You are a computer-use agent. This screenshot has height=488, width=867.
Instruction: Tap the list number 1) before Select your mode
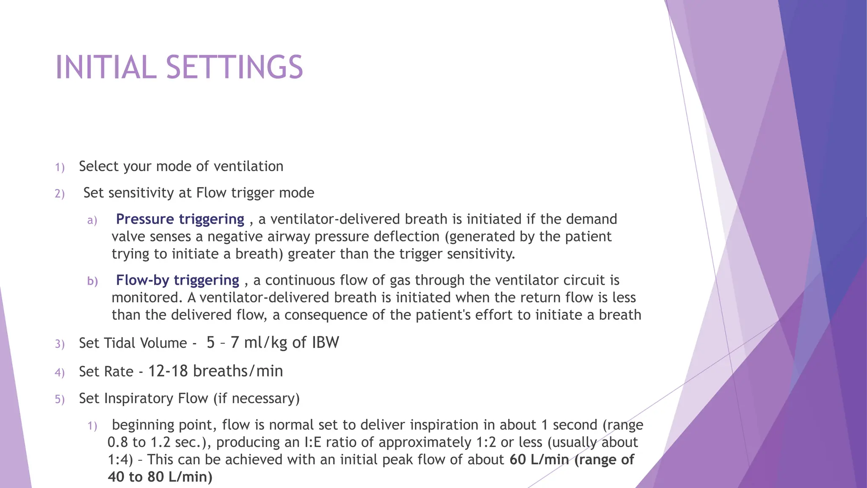point(60,167)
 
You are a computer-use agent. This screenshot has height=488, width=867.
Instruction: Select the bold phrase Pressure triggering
point(180,219)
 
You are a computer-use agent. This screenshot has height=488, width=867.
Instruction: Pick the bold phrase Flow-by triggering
point(177,280)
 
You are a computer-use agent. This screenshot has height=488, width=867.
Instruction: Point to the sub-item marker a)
point(92,220)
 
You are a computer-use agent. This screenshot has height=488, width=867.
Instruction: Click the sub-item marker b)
point(92,281)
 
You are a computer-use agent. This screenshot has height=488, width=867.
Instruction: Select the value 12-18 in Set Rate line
point(168,371)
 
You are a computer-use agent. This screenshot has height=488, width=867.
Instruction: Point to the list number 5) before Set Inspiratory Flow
point(60,399)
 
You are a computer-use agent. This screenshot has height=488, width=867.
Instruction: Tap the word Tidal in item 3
point(117,343)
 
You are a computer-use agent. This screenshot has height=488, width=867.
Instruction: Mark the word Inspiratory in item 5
point(156,399)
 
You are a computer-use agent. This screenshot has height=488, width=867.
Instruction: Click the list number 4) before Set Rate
point(60,372)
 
